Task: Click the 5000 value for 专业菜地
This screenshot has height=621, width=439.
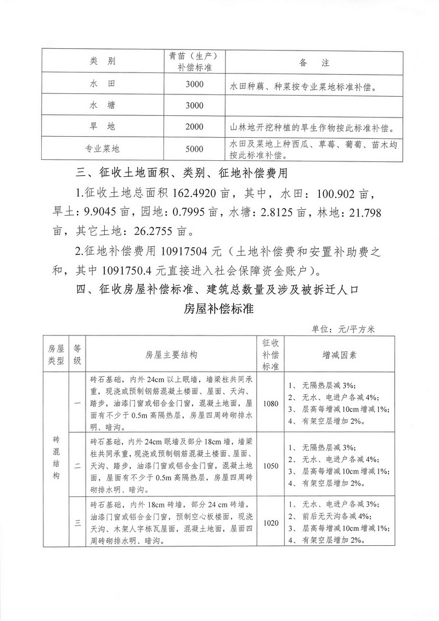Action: coord(194,149)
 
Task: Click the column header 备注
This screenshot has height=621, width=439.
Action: coord(314,63)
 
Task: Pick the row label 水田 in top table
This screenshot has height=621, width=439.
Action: coord(102,85)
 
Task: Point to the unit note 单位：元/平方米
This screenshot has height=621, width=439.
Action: coord(343,329)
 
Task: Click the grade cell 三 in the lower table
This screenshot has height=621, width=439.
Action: coord(77,523)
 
